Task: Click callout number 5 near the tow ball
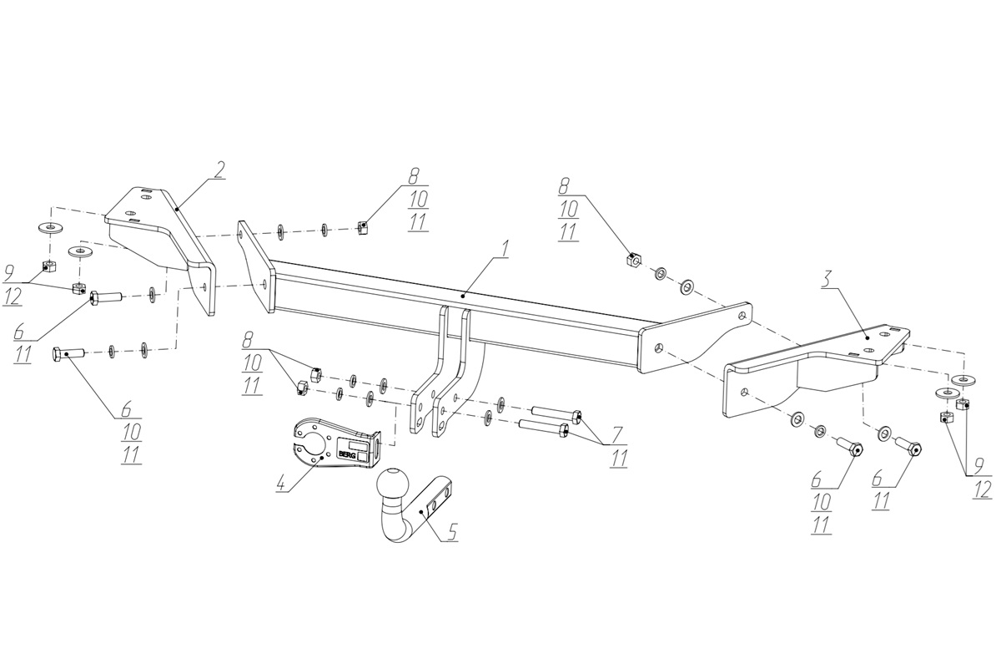click(x=451, y=530)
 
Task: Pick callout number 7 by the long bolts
click(x=616, y=435)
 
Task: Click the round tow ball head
click(x=393, y=484)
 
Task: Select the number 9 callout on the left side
click(x=10, y=271)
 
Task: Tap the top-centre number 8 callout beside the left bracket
click(x=415, y=177)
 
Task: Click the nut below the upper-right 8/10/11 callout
click(x=632, y=261)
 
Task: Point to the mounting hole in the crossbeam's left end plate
click(x=264, y=284)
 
